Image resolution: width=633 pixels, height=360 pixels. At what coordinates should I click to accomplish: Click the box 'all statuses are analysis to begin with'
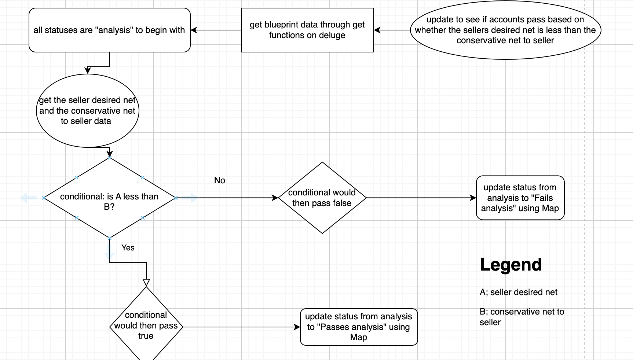(x=109, y=30)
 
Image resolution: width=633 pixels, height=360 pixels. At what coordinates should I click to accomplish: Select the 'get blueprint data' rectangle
(x=307, y=30)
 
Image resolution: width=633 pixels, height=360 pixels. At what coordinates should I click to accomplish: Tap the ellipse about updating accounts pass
(x=505, y=30)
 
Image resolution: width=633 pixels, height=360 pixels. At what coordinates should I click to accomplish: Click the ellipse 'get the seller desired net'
(x=87, y=111)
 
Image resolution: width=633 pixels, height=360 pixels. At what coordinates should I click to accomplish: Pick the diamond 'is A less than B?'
(x=109, y=198)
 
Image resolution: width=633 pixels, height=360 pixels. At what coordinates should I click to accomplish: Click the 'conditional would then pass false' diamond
(x=322, y=198)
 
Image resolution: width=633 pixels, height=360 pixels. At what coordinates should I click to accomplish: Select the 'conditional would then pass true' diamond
(x=146, y=326)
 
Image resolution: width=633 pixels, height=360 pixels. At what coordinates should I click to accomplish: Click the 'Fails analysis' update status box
(x=520, y=198)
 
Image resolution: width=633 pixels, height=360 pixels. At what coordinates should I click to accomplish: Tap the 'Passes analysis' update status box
(x=359, y=327)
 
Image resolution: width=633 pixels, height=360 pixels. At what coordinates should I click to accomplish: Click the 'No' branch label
(x=220, y=180)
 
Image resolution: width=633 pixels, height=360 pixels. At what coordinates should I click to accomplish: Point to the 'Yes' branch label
(x=128, y=248)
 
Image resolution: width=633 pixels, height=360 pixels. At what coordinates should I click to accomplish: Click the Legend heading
(x=511, y=265)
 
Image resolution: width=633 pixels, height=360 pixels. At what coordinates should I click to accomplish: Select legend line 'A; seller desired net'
(x=518, y=292)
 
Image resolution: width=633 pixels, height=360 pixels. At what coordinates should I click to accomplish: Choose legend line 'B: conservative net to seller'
(x=522, y=317)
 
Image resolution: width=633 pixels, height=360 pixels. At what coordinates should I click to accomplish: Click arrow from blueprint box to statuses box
(x=216, y=30)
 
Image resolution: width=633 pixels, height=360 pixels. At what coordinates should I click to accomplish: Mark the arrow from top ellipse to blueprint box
(x=392, y=30)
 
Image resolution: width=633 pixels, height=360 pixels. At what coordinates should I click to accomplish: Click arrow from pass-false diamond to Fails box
(x=421, y=198)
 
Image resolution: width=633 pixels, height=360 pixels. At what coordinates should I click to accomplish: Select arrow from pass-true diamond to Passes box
(x=241, y=327)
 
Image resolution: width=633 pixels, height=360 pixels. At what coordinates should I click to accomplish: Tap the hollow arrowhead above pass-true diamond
(x=146, y=283)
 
